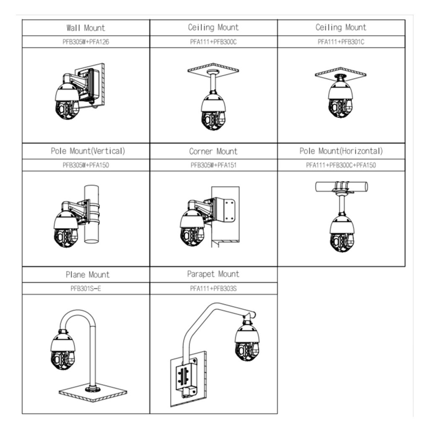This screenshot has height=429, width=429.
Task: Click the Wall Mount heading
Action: click(x=85, y=28)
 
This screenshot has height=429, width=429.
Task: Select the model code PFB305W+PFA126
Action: click(x=85, y=42)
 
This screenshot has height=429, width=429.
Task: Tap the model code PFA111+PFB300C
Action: click(x=213, y=42)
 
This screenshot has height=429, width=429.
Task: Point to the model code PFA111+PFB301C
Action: click(x=341, y=42)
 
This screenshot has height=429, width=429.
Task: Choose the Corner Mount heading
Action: click(x=213, y=151)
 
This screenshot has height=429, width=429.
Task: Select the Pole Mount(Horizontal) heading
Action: click(x=341, y=151)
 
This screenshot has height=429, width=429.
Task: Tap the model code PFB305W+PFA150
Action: click(x=85, y=165)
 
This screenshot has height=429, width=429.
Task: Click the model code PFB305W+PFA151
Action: click(x=213, y=165)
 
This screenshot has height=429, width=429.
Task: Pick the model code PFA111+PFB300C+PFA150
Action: click(x=341, y=165)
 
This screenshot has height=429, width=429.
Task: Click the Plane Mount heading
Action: click(x=88, y=275)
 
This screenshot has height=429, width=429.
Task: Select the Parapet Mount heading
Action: click(x=213, y=274)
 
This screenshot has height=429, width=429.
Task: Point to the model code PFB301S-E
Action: click(x=86, y=288)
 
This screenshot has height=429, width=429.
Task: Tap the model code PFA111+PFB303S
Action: click(x=213, y=288)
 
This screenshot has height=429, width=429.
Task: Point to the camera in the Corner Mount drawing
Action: click(x=193, y=228)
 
